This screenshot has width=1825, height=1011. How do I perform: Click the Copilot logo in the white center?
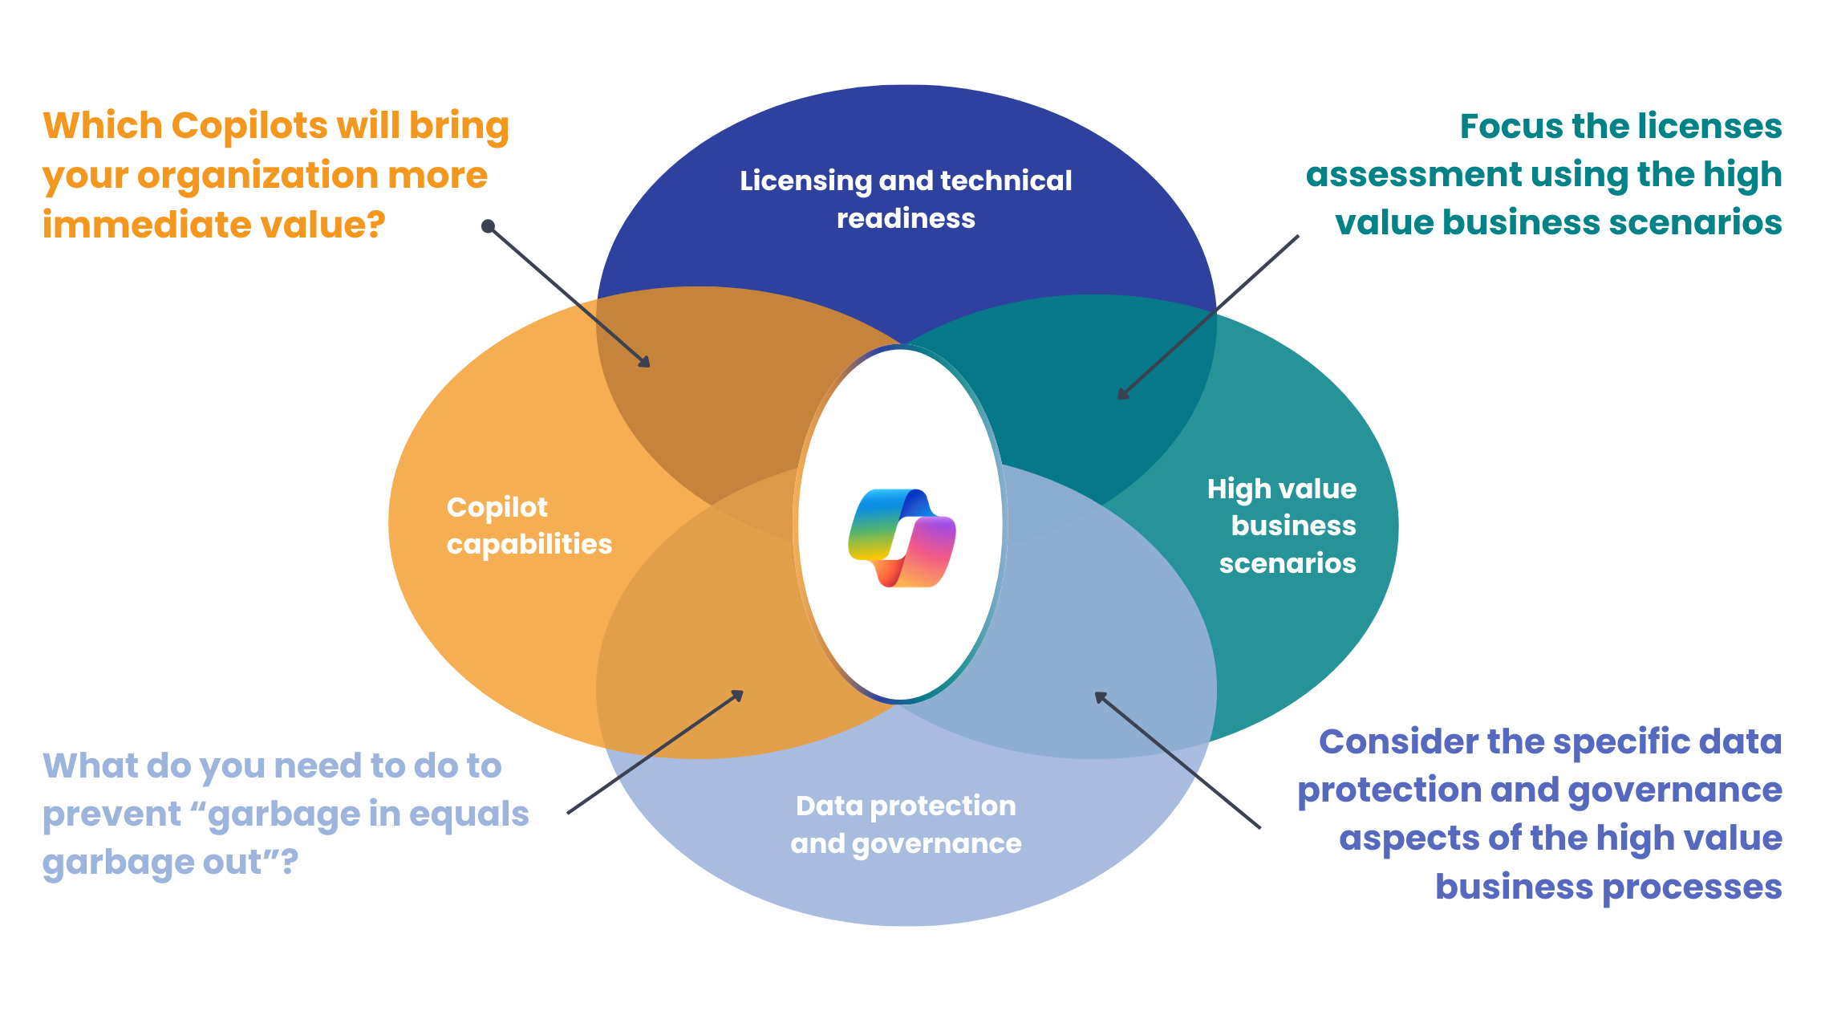[902, 538]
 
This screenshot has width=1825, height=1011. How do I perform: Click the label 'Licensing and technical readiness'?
[906, 199]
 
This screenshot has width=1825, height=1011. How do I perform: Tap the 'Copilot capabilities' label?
[529, 526]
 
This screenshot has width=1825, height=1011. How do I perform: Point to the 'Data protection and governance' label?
[906, 824]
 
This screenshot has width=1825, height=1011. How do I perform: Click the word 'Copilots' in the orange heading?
[249, 126]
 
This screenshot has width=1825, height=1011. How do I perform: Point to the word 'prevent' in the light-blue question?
[112, 814]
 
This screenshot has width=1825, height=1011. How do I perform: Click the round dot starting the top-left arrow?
[487, 226]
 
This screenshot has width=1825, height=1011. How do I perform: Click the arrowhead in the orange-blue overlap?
[645, 363]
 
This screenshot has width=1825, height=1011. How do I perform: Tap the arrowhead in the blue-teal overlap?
[1122, 394]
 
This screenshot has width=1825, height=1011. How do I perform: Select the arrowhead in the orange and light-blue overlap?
[738, 695]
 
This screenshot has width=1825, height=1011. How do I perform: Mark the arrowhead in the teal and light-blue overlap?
[1101, 696]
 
